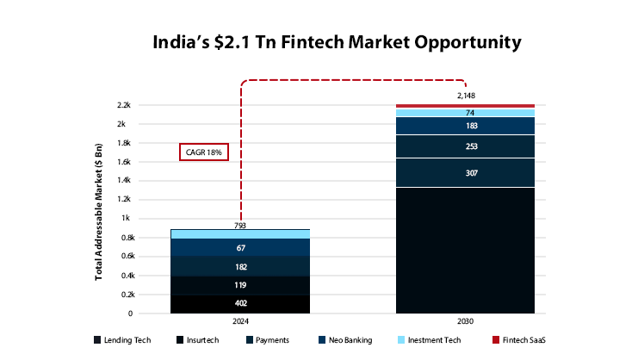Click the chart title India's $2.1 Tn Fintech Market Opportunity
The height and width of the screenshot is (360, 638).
pos(319,41)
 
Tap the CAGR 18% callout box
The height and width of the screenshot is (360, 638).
pos(204,152)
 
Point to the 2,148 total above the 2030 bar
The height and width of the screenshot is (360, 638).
pos(465,96)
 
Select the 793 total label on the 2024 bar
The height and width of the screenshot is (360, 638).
pos(241,227)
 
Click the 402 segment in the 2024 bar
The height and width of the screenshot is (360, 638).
pos(241,304)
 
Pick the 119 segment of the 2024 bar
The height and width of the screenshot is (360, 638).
pos(241,285)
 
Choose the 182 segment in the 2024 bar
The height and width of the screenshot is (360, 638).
pos(241,267)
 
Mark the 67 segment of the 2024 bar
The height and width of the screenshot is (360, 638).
pos(241,248)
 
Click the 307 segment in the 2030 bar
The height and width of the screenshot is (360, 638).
pos(465,173)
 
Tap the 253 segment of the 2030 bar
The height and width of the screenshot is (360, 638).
pos(465,146)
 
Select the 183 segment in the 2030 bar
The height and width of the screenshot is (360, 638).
pos(465,127)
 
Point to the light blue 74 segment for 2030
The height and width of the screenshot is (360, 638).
pos(465,113)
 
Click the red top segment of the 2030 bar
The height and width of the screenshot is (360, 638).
pos(465,106)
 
